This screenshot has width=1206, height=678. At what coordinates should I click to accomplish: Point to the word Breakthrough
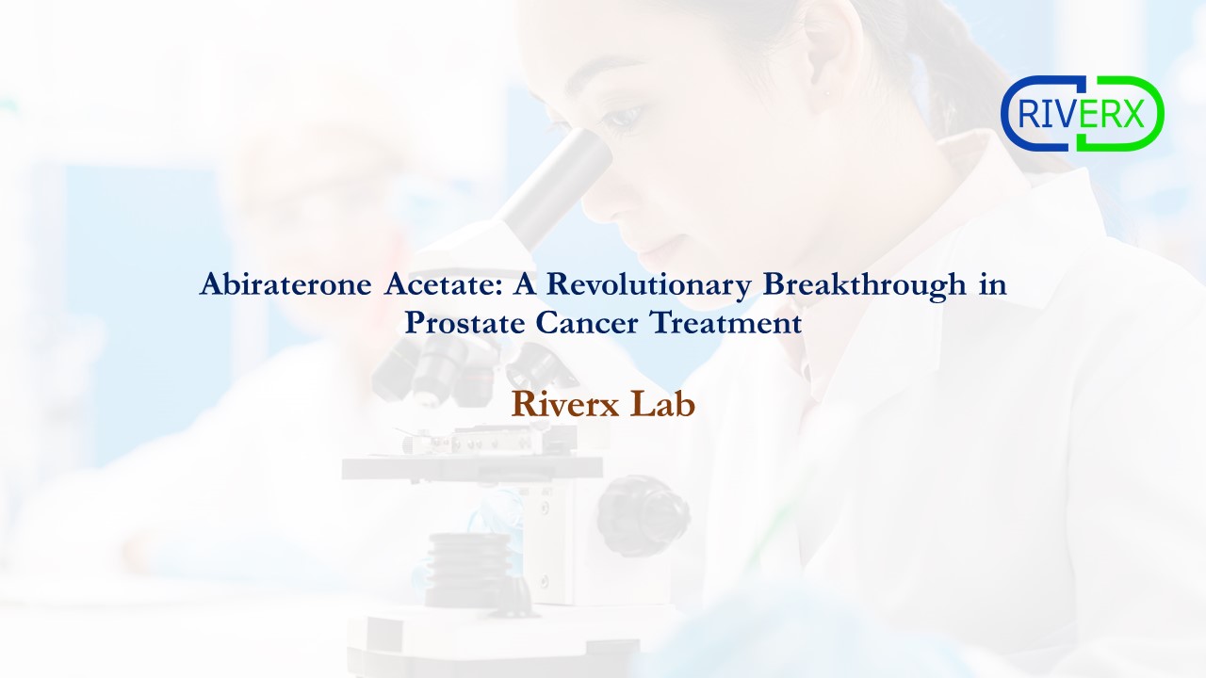(865, 285)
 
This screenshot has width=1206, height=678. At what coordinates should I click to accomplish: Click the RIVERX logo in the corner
(1083, 114)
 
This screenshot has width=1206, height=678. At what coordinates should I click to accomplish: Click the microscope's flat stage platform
(471, 466)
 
